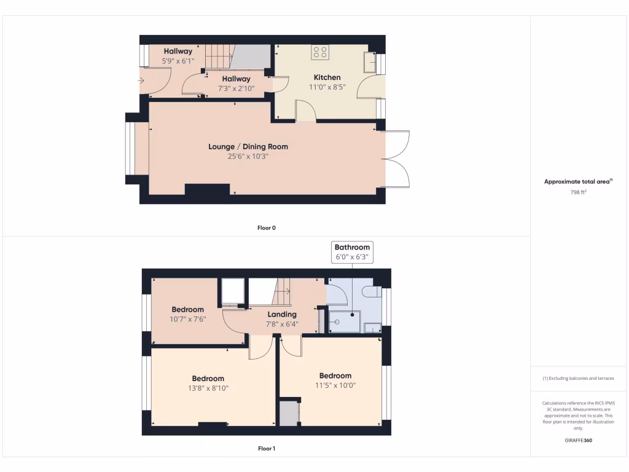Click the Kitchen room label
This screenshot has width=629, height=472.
[327, 77]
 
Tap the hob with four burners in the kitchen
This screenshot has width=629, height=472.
[319, 52]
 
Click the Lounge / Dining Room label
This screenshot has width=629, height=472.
[248, 147]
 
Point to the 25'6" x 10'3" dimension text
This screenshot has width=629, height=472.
[248, 156]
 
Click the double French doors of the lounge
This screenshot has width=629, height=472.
[397, 159]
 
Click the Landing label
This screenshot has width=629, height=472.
[281, 315]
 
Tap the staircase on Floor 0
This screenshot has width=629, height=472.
[218, 57]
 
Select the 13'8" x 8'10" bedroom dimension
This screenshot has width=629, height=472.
[208, 388]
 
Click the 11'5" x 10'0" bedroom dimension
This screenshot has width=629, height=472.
[335, 385]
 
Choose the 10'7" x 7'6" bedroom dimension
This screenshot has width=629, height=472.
[187, 319]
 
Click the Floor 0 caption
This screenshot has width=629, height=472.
[266, 228]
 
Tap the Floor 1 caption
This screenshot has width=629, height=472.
[266, 449]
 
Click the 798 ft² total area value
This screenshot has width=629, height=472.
[578, 192]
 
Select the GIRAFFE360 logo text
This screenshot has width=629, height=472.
[578, 441]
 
